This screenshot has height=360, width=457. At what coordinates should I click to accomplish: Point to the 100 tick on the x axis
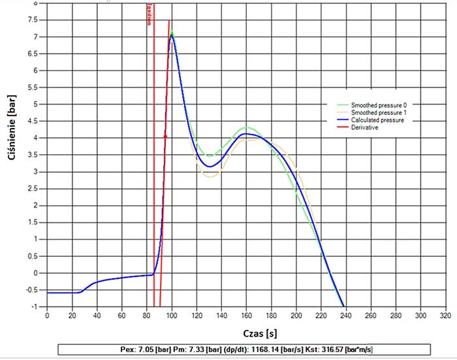171,315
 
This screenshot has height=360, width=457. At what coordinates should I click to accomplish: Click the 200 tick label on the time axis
296,315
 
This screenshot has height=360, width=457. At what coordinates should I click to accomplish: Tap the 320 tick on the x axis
445,315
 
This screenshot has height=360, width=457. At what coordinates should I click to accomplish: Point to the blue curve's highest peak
172,36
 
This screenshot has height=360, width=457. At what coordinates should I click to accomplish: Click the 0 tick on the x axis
47,315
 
